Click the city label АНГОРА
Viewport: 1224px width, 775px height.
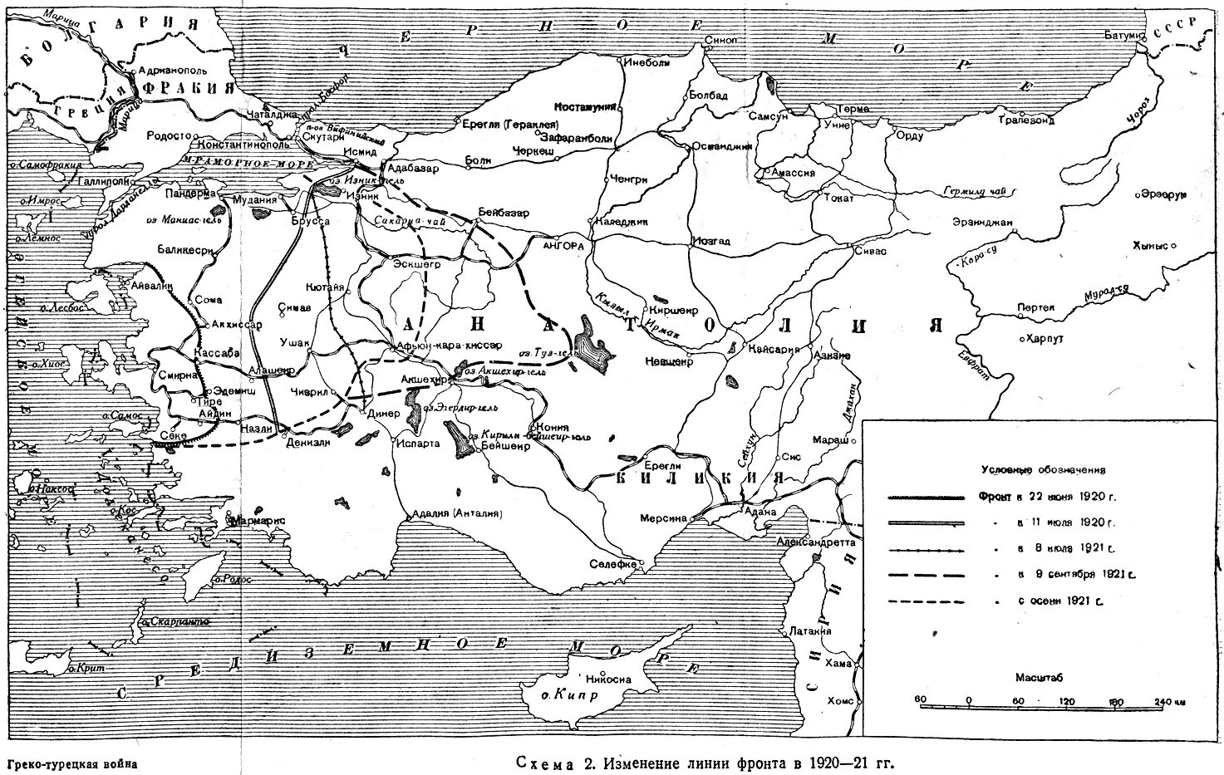tap(565, 246)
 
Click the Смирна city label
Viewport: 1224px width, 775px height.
tap(178, 375)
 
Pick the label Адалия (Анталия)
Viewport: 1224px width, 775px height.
tap(456, 513)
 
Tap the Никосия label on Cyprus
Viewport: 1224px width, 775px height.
tap(608, 679)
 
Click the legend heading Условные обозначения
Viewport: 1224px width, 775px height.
tap(1043, 470)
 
